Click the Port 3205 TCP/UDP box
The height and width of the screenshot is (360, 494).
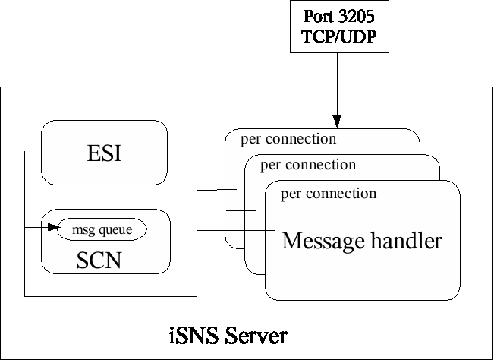click(x=339, y=27)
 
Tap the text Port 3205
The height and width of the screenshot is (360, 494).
click(x=339, y=17)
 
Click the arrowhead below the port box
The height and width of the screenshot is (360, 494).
click(x=336, y=122)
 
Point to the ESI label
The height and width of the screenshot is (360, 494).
click(x=105, y=154)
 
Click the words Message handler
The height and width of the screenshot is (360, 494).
click(x=361, y=242)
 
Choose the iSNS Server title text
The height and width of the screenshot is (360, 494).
click(x=227, y=335)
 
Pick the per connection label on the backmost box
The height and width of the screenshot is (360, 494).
click(x=288, y=139)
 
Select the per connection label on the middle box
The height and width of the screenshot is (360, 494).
click(x=307, y=165)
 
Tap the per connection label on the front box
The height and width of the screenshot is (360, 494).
click(x=328, y=194)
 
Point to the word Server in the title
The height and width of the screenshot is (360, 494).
click(x=255, y=335)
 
